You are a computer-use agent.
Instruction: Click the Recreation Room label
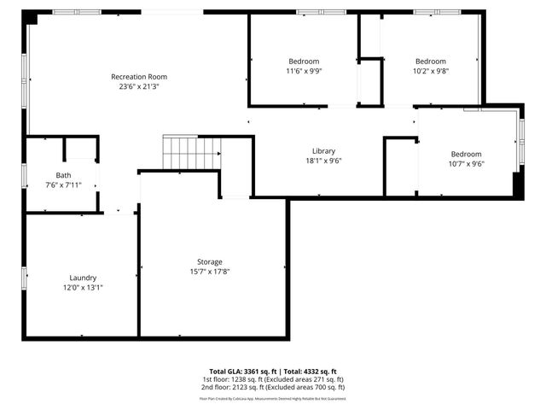pyautogui.click(x=139, y=77)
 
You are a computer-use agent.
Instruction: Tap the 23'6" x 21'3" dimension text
pyautogui.click(x=139, y=86)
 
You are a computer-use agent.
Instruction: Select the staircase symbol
pyautogui.click(x=192, y=153)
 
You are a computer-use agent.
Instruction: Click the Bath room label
pyautogui.click(x=63, y=176)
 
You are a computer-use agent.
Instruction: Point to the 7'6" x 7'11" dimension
pyautogui.click(x=63, y=185)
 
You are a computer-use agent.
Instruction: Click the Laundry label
pyautogui.click(x=83, y=278)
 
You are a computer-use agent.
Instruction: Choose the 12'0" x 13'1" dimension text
pyautogui.click(x=83, y=287)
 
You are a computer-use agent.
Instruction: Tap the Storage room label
pyautogui.click(x=210, y=262)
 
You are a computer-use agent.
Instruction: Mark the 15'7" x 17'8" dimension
pyautogui.click(x=210, y=272)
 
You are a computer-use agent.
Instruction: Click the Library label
pyautogui.click(x=324, y=150)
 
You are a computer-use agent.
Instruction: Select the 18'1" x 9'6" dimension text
pyautogui.click(x=324, y=160)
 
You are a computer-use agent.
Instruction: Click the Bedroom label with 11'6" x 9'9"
pyautogui.click(x=304, y=61)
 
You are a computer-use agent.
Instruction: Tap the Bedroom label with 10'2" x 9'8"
pyautogui.click(x=430, y=61)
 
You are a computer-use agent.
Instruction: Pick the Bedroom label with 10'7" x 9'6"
pyautogui.click(x=466, y=154)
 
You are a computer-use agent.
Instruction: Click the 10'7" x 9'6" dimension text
pyautogui.click(x=466, y=164)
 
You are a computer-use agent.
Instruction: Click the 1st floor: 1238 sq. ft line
pyautogui.click(x=273, y=378)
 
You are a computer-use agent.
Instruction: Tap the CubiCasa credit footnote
pyautogui.click(x=273, y=398)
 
